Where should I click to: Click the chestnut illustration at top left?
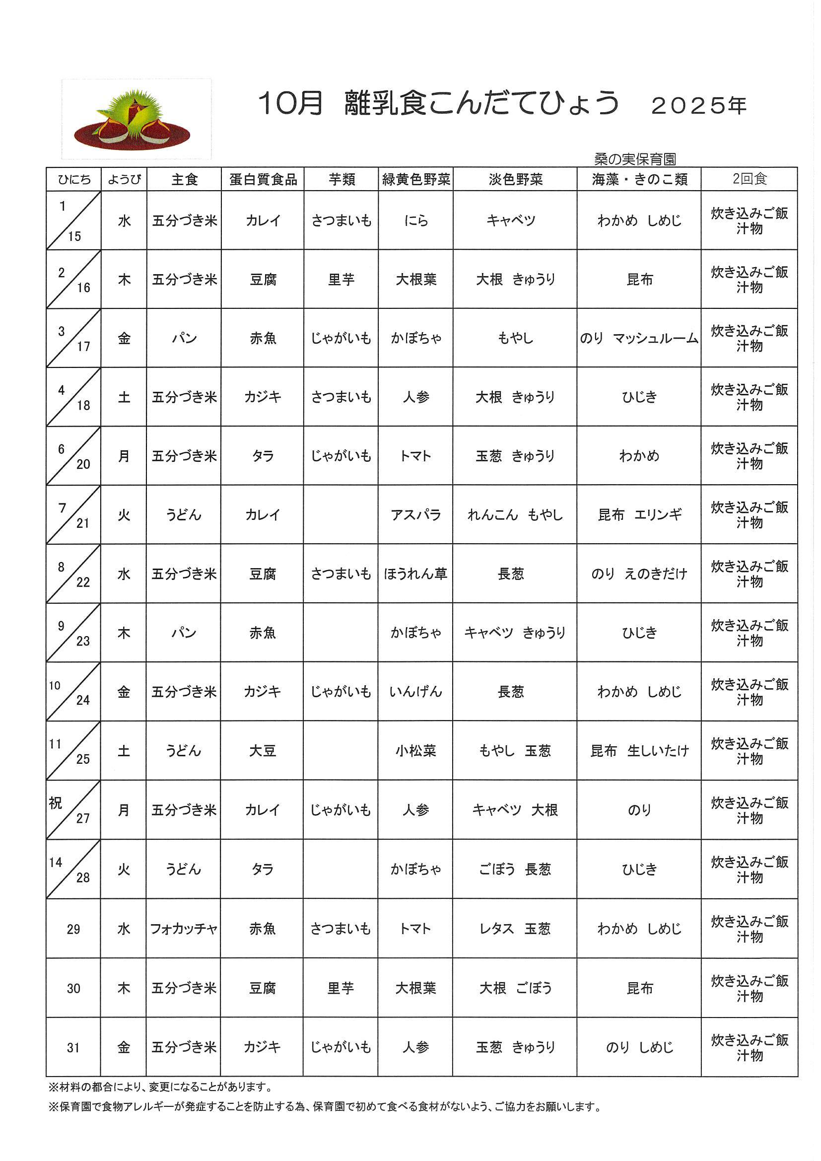(x=133, y=119)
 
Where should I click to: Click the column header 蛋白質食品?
(x=263, y=179)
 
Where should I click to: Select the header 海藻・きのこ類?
(x=639, y=179)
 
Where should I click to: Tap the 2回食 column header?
(x=749, y=179)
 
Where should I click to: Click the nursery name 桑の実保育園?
(x=635, y=159)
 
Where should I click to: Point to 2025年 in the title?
(x=699, y=106)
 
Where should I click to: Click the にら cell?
(x=416, y=220)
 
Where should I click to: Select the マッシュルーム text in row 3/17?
(x=656, y=338)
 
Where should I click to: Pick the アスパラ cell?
(x=416, y=515)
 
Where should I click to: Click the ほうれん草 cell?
(x=415, y=574)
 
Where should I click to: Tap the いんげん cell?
(x=415, y=692)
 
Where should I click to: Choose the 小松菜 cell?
(x=415, y=751)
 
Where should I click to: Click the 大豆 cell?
(x=263, y=751)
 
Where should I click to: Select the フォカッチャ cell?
(x=184, y=929)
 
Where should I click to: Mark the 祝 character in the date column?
(x=55, y=803)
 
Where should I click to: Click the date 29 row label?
(x=73, y=930)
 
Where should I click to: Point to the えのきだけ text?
(x=656, y=574)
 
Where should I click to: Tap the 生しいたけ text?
(x=658, y=751)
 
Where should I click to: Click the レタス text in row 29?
(x=496, y=929)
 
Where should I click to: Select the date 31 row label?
(x=73, y=1048)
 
